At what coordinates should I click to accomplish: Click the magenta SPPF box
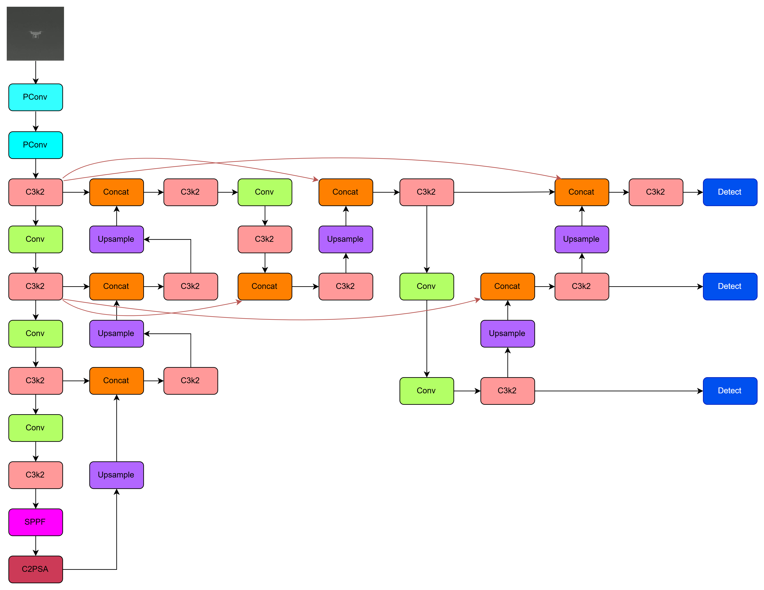point(35,522)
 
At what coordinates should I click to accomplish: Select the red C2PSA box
point(35,569)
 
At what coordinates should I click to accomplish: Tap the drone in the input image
point(35,34)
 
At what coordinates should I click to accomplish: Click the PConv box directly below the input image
point(35,97)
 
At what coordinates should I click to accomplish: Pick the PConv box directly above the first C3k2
point(35,145)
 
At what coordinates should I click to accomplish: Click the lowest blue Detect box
point(730,390)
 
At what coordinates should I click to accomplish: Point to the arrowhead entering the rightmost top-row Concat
point(559,178)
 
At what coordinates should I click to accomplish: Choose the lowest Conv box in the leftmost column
point(35,428)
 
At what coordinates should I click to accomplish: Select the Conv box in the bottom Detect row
point(427,390)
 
